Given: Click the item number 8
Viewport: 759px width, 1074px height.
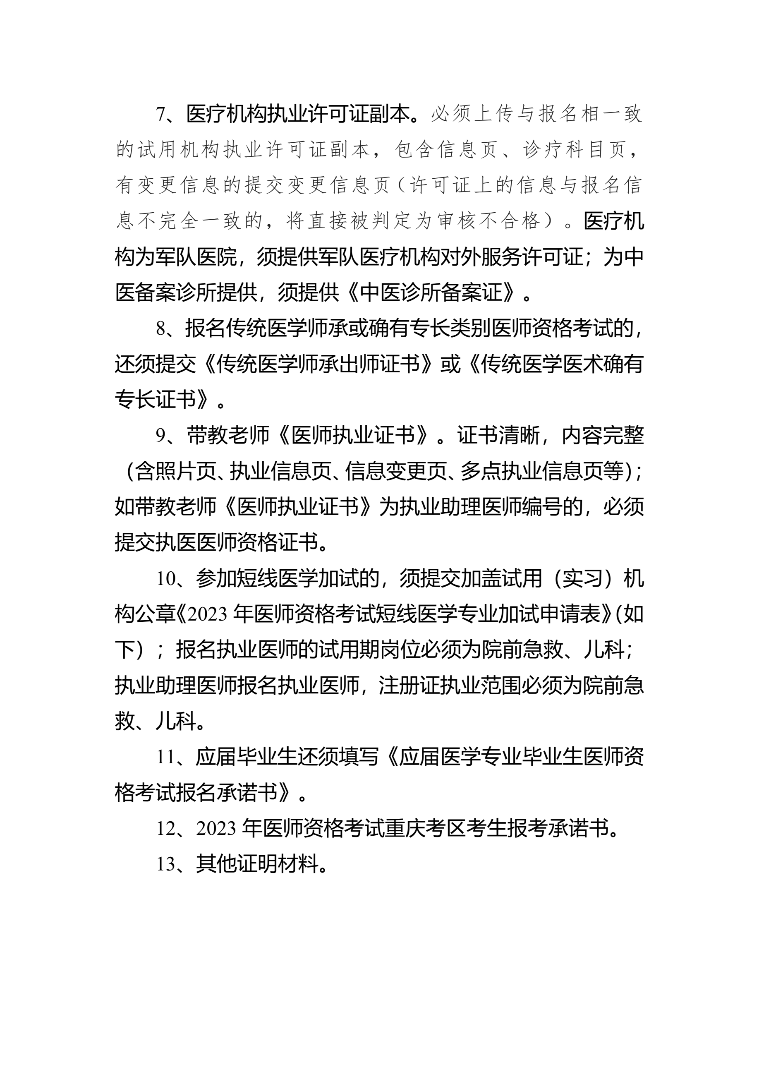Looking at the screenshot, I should [160, 329].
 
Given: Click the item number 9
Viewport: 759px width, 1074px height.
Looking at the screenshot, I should [160, 436].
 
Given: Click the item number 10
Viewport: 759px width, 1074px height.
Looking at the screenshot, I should [165, 579].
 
